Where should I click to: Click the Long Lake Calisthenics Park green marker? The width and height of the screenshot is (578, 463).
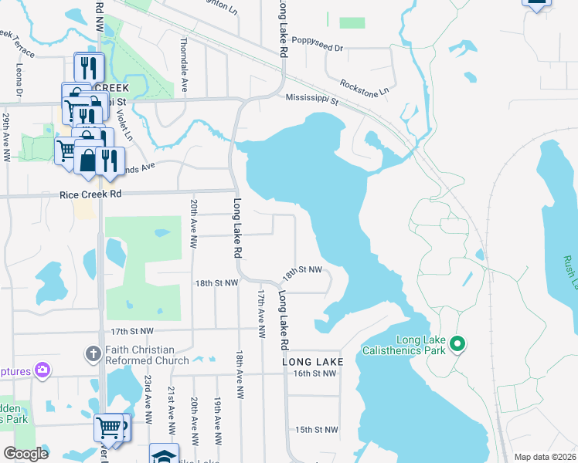pos(457,344)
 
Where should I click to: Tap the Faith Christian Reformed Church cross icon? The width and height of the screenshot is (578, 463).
pos(93,354)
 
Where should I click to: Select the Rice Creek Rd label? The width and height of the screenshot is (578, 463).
pos(90,194)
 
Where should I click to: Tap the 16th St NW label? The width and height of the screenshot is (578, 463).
pos(315,373)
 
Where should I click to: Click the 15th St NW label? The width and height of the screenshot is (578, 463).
pos(317,430)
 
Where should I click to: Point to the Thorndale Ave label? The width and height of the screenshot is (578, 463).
pos(183,66)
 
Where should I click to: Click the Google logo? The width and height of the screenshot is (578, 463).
pos(25,453)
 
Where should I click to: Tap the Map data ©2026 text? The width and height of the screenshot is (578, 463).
pos(546,457)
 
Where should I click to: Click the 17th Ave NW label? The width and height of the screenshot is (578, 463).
pos(261,315)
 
